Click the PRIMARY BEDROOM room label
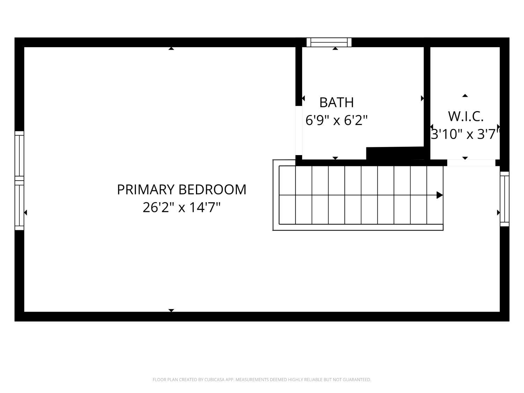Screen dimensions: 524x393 point(181,190)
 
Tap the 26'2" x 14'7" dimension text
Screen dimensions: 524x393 point(181,207)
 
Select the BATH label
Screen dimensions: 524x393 point(336,103)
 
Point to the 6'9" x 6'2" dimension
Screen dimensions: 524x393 point(336,120)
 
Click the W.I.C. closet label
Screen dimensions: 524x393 point(466,117)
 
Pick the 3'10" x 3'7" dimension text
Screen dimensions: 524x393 point(465,134)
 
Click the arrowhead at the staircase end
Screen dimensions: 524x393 point(440,195)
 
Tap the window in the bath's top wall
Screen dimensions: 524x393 point(329,43)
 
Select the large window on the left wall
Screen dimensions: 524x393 point(19,181)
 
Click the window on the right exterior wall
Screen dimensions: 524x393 point(505,199)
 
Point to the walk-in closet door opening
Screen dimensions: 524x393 point(471,163)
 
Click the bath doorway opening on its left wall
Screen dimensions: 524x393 point(299,131)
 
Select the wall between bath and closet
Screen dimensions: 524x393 point(427,103)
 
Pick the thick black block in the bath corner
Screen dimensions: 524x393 point(395,153)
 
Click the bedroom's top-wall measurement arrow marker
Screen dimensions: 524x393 point(171,49)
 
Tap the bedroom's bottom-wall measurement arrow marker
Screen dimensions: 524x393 point(171,311)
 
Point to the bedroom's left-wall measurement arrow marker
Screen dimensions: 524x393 point(26,213)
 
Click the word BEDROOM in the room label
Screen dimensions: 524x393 point(212,190)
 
